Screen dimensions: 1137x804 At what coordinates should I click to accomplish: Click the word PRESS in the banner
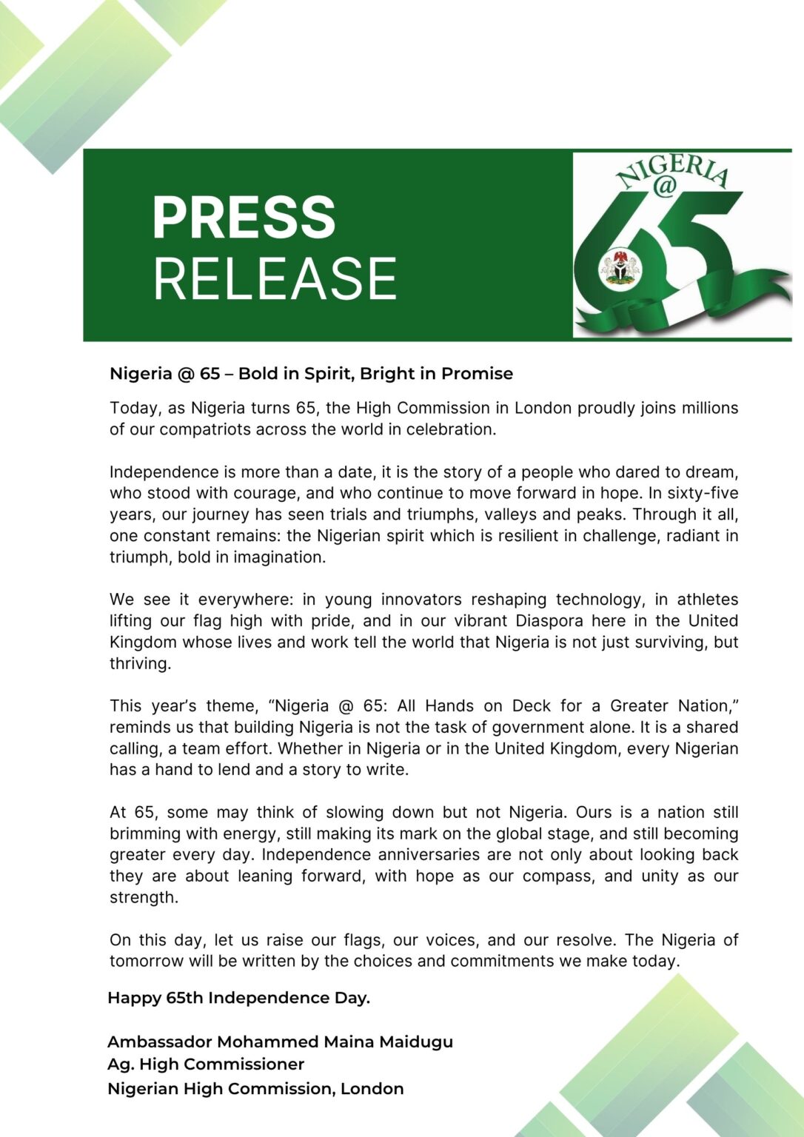click(x=244, y=218)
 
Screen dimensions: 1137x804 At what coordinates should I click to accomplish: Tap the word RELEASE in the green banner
click(x=275, y=278)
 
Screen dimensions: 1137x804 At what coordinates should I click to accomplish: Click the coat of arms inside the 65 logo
click(x=620, y=267)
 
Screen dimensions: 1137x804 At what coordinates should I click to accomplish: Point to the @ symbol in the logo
click(x=664, y=187)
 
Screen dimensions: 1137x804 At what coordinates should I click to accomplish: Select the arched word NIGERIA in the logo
click(x=672, y=168)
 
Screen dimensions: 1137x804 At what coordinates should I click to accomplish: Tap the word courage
click(x=287, y=493)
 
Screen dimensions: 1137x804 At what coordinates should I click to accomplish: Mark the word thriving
click(x=140, y=664)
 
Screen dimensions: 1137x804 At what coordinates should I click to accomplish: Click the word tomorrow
click(x=145, y=962)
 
